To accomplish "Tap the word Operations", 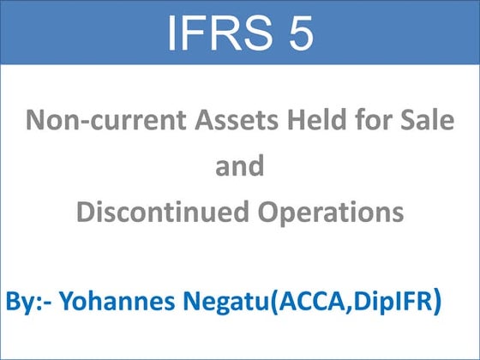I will point(334,211).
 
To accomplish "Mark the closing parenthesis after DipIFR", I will point(437,303).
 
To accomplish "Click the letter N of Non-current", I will point(35,119).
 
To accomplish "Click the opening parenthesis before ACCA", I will point(273,303).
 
